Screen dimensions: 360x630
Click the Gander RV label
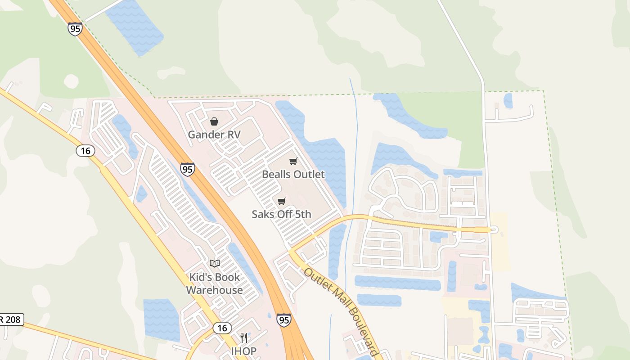tap(214, 135)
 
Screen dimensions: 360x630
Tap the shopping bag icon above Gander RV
tap(214, 121)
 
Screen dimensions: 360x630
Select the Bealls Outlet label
tap(293, 174)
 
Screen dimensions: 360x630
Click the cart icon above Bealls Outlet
tap(293, 161)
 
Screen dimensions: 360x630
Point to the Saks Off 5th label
tap(281, 214)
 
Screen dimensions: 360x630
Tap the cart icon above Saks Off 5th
tap(282, 201)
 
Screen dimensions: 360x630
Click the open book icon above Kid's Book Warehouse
tap(215, 263)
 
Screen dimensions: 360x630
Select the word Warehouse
tap(215, 290)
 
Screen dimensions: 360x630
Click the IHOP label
tap(244, 351)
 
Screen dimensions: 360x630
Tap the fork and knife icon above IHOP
tap(244, 338)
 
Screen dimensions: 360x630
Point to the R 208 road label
tap(11, 320)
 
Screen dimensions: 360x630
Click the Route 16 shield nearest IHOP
tap(222, 328)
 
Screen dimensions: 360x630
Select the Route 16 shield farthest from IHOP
tap(85, 150)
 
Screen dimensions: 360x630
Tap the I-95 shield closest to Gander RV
tap(188, 169)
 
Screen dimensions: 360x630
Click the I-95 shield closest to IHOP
tap(283, 319)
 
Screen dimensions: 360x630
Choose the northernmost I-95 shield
tap(75, 29)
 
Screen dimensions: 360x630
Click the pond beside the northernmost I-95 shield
tap(135, 27)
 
